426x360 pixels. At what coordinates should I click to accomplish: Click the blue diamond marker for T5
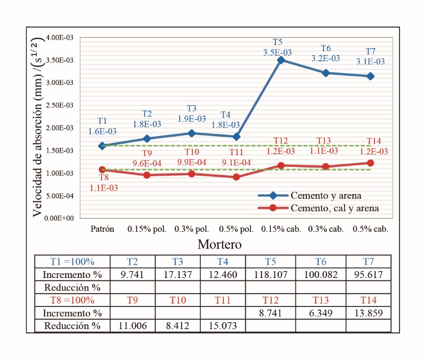pyautogui.click(x=281, y=60)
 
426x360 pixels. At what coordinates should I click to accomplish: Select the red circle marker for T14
pyautogui.click(x=371, y=163)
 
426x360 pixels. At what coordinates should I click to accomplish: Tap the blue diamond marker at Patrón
pyautogui.click(x=102, y=146)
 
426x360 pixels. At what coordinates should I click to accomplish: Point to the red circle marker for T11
pyautogui.click(x=236, y=177)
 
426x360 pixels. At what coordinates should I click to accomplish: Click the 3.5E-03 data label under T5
pyautogui.click(x=281, y=53)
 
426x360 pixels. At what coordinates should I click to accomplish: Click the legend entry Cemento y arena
pyautogui.click(x=326, y=195)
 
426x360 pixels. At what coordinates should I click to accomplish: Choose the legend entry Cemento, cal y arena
pyautogui.click(x=335, y=208)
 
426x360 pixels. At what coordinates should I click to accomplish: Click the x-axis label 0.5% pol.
pyautogui.click(x=236, y=229)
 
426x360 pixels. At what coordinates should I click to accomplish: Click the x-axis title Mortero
pyautogui.click(x=219, y=244)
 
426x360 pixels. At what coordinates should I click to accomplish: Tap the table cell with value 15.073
pyautogui.click(x=223, y=326)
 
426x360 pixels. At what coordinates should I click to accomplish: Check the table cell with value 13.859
pyautogui.click(x=368, y=313)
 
